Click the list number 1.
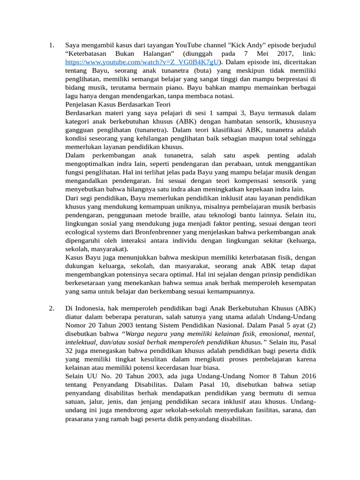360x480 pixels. (52, 45)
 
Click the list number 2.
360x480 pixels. (52, 308)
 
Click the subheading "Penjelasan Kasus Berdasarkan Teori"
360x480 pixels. (118, 105)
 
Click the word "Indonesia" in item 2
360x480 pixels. (91, 308)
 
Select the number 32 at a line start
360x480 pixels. (69, 350)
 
